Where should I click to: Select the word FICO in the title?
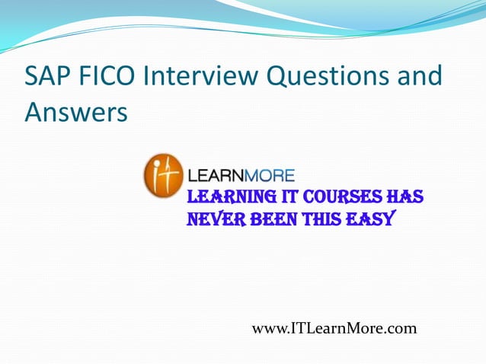click(x=112, y=77)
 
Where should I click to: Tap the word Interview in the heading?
click(x=202, y=77)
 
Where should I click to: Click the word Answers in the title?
click(x=75, y=112)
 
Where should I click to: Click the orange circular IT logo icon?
click(x=163, y=176)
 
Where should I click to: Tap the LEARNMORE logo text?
click(x=241, y=174)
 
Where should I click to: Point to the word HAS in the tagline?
click(x=404, y=197)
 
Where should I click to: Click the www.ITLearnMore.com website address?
click(x=334, y=328)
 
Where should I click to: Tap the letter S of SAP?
click(x=33, y=77)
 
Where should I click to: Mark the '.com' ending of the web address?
click(x=401, y=328)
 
